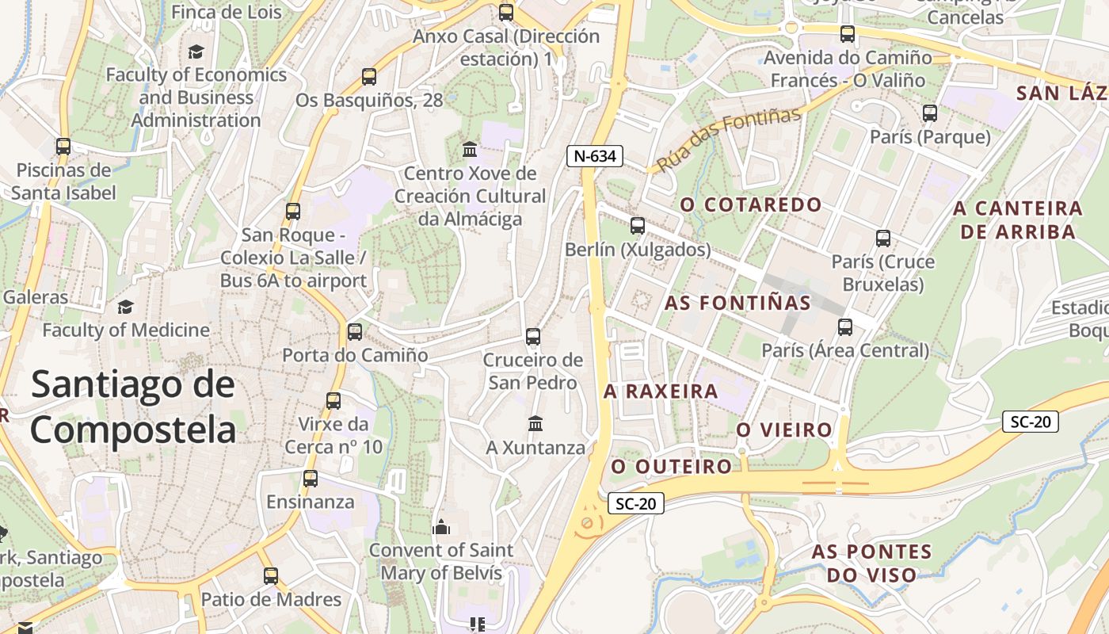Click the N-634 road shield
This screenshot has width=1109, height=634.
[x=594, y=156]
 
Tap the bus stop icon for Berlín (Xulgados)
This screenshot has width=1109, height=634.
[x=638, y=226]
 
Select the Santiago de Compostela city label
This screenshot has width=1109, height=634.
[x=133, y=407]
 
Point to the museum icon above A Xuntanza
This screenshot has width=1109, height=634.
[x=535, y=424]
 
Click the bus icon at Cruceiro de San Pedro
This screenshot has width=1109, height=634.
[x=533, y=337]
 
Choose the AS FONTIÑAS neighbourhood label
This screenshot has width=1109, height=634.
[x=737, y=303]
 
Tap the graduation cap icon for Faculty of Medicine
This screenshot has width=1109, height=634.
[x=125, y=307]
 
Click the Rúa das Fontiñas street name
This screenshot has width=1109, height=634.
[x=730, y=139]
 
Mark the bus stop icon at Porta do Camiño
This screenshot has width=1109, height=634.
[x=355, y=332]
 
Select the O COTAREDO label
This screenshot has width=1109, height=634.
[x=751, y=204]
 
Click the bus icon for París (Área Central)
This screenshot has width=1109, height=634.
[x=845, y=327]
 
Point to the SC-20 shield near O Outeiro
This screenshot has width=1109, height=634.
[x=636, y=503]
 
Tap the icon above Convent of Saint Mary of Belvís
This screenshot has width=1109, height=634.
[x=441, y=526]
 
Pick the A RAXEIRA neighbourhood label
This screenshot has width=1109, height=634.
[x=661, y=391]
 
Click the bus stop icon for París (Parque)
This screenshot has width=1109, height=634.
[x=930, y=113]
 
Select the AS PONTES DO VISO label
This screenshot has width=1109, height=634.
[x=871, y=563]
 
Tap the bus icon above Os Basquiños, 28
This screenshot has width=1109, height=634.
[x=369, y=77]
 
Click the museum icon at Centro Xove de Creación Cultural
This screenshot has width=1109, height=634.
[x=470, y=150]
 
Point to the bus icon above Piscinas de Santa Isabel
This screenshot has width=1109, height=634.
[x=63, y=147]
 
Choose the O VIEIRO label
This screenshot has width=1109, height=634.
[x=784, y=430]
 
